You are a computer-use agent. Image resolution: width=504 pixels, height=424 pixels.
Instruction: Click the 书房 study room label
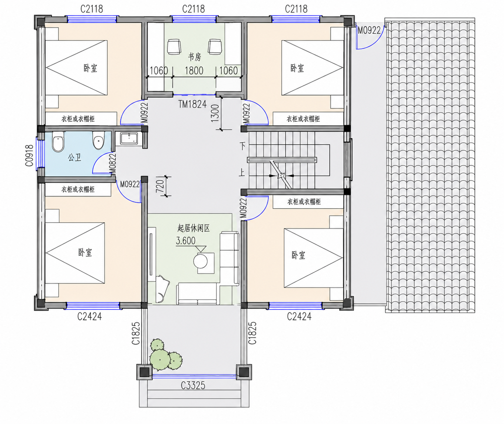(194, 57)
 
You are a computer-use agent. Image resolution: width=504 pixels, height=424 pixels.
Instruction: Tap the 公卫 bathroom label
(74, 158)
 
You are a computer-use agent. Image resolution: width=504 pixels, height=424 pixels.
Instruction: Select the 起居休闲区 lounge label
(194, 228)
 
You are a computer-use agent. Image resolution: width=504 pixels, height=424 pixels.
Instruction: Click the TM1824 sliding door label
(192, 104)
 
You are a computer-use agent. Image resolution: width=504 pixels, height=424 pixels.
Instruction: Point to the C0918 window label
(29, 156)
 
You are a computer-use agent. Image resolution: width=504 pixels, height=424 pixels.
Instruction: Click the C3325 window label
(193, 385)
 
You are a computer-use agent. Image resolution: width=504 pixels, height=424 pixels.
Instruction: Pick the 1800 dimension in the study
(194, 70)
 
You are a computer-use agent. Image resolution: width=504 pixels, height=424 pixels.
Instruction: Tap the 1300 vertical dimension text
(215, 113)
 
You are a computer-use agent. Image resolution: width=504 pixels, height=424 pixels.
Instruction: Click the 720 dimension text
(160, 186)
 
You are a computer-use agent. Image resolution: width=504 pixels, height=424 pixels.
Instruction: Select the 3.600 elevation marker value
(185, 241)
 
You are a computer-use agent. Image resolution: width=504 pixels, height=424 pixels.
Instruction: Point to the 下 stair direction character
(242, 146)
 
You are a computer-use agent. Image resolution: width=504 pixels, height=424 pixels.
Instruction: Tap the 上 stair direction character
(242, 173)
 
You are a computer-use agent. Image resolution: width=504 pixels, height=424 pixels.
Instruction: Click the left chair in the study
(174, 46)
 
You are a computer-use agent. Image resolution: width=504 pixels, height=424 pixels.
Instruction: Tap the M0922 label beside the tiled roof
(369, 31)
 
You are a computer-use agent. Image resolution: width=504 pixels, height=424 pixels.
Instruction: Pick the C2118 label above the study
(193, 9)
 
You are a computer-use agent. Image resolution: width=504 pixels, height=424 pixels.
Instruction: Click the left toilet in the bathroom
(58, 144)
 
